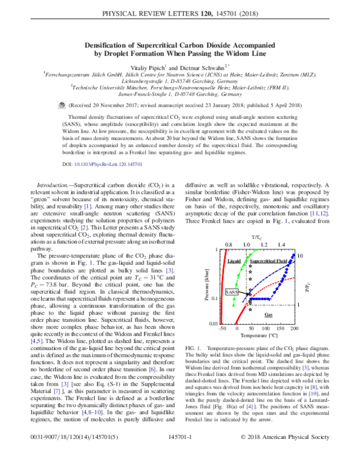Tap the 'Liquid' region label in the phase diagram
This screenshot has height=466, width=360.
click(234, 262)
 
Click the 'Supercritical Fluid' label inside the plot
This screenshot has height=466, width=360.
click(268, 262)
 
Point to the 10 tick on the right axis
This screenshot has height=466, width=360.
click(301, 256)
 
